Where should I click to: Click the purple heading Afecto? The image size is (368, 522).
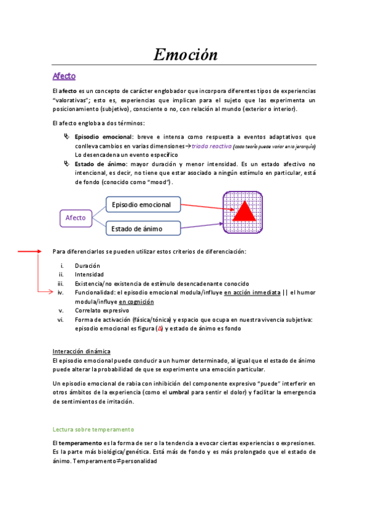pos(64,76)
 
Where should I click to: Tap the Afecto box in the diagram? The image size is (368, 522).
pos(76,217)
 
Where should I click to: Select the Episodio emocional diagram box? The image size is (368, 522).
pos(143,204)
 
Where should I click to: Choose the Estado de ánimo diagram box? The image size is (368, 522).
pos(143,229)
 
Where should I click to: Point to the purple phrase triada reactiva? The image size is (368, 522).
pos(211,147)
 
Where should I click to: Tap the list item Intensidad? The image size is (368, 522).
pos(89,275)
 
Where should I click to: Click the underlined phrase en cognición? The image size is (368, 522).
pos(136,302)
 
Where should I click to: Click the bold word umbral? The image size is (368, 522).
pos(179,393)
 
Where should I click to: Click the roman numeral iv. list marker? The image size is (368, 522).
pos(61,293)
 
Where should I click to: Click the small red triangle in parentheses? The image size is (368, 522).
pos(159,329)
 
